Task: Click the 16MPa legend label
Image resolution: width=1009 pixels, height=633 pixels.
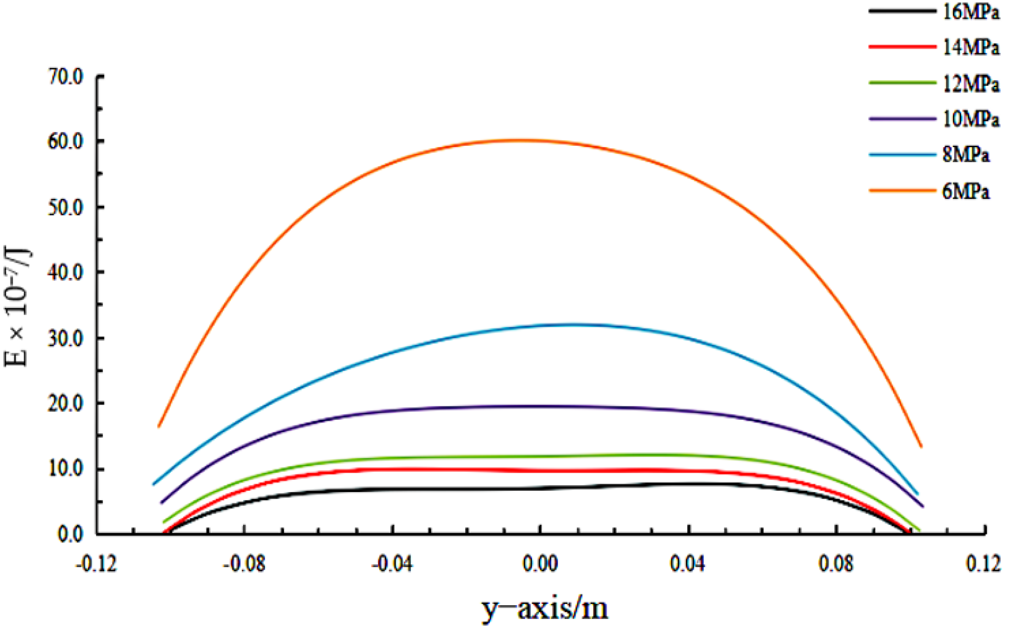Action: pyautogui.click(x=971, y=12)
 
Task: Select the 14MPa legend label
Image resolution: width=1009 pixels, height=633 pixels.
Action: pyautogui.click(x=971, y=47)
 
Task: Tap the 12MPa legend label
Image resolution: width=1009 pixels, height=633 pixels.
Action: pyautogui.click(x=971, y=84)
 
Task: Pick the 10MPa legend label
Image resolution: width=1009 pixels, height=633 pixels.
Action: pyautogui.click(x=971, y=119)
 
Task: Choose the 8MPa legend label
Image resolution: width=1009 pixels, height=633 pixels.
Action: pyautogui.click(x=966, y=155)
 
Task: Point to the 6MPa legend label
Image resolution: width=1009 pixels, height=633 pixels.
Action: pyautogui.click(x=966, y=191)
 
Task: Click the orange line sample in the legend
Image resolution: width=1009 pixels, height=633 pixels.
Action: pyautogui.click(x=902, y=190)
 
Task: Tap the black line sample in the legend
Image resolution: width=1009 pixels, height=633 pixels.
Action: pyautogui.click(x=902, y=11)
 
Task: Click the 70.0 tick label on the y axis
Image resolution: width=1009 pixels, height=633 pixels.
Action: pyautogui.click(x=65, y=77)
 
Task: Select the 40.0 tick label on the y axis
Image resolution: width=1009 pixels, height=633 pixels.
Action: pyautogui.click(x=65, y=273)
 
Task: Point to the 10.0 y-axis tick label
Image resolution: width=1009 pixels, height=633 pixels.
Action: pyautogui.click(x=65, y=469)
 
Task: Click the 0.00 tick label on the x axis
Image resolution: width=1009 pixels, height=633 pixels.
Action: pyautogui.click(x=540, y=564)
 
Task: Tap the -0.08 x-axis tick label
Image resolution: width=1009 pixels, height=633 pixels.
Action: pyautogui.click(x=244, y=564)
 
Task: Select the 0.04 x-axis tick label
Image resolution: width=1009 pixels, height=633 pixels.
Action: pyautogui.click(x=688, y=564)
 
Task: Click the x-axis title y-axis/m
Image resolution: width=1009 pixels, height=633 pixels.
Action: pyautogui.click(x=545, y=608)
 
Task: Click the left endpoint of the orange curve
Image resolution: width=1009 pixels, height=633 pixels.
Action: pyautogui.click(x=159, y=426)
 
